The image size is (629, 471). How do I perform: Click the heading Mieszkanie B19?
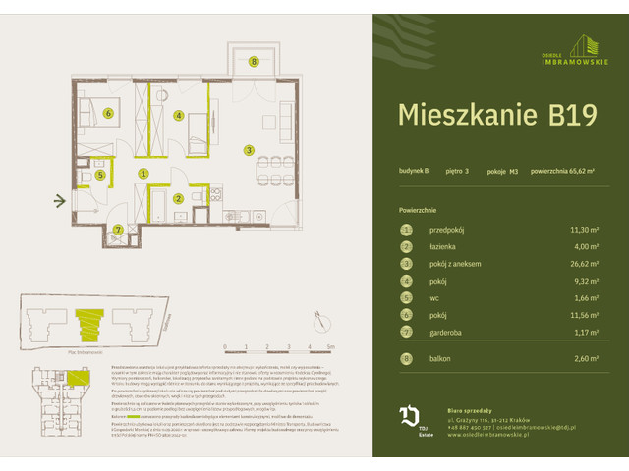coord(496,115)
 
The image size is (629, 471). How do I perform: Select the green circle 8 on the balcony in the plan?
coord(254,62)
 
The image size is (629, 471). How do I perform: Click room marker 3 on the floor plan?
coord(250,150)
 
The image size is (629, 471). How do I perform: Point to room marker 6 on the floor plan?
coord(106,113)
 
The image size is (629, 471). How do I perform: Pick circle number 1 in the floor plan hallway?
coord(143,174)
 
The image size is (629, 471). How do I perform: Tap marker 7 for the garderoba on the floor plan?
coord(118,231)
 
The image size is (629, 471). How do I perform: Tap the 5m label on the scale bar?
coord(332,347)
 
